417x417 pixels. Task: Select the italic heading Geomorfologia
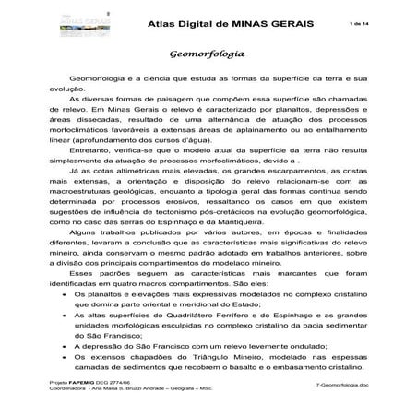[x=208, y=55]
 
